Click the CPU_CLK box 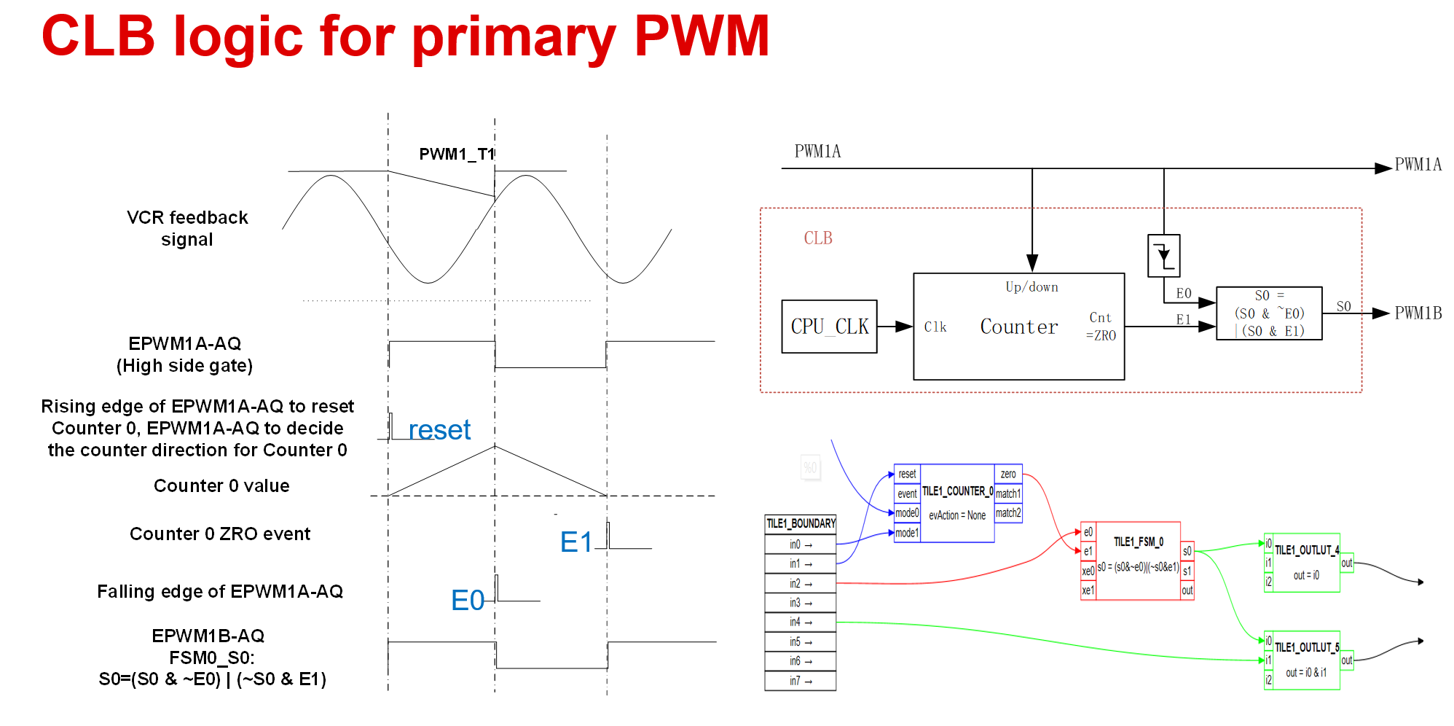coord(829,327)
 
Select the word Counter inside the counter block coord(1018,327)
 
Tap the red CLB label coord(817,238)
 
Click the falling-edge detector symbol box coord(1163,255)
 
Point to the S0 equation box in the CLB coord(1269,313)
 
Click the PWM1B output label coord(1418,313)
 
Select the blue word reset coord(439,430)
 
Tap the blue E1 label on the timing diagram coord(576,542)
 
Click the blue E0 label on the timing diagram coord(467,601)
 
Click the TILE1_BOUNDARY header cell coord(801,523)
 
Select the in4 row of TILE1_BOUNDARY coord(801,622)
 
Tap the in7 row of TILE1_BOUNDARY coord(801,681)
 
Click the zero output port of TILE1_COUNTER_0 coord(1008,474)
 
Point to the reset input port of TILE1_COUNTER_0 coord(907,474)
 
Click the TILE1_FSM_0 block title coord(1138,542)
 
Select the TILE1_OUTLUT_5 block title coord(1306,647)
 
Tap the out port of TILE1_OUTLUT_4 coord(1347,563)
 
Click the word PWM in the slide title coord(702,36)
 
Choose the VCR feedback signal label coord(187,228)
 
